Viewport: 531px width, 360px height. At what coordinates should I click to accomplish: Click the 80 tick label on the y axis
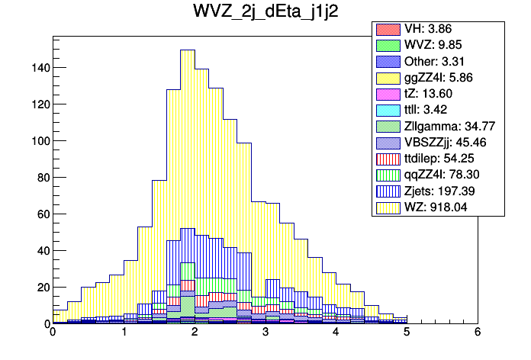click(42, 178)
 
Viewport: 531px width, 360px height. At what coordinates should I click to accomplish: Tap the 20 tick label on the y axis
click(42, 288)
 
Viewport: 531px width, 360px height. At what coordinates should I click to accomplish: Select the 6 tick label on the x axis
click(478, 333)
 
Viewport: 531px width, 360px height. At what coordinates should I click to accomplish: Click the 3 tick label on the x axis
click(265, 333)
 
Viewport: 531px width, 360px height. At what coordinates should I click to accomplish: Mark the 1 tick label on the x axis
click(124, 333)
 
